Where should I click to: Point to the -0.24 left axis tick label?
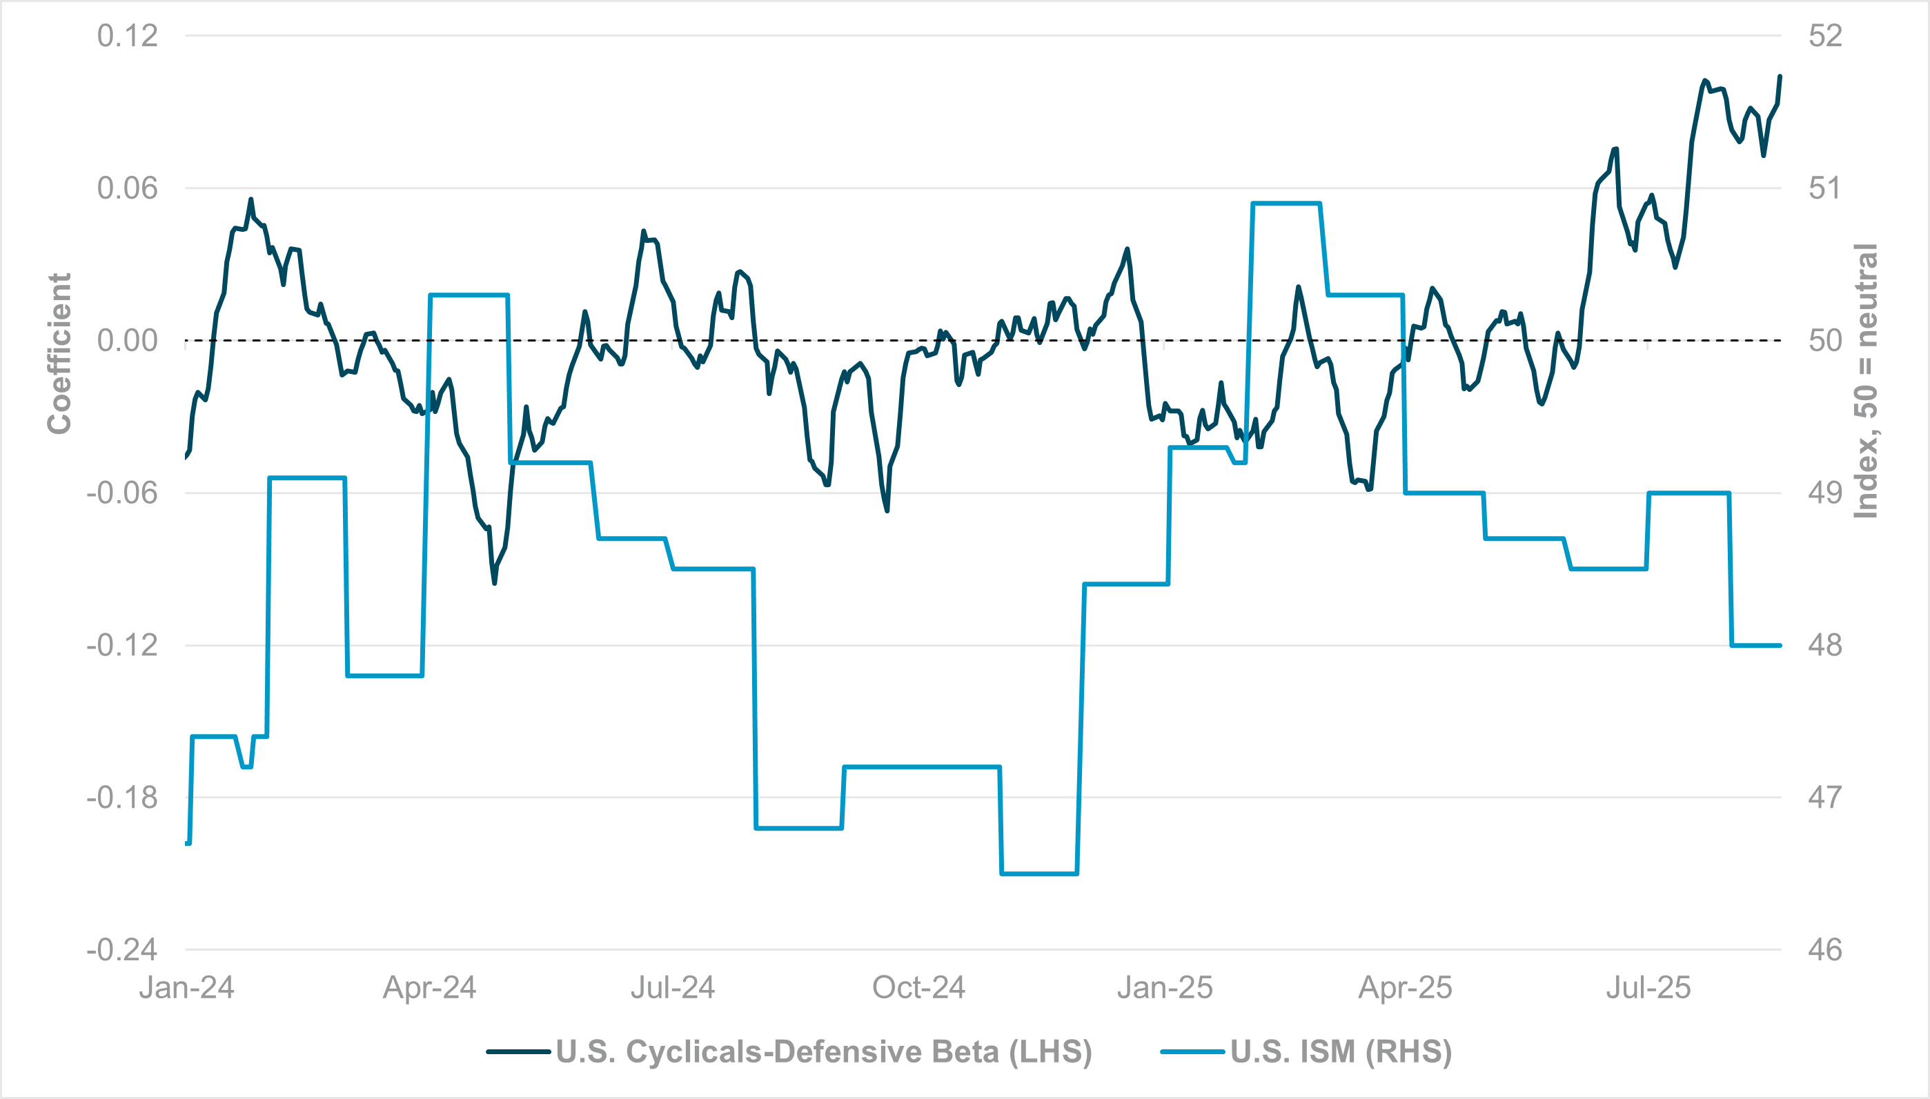(x=122, y=949)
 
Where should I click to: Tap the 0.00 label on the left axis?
(x=127, y=340)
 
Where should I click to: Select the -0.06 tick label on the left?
(x=122, y=493)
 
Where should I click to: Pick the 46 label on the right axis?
(x=1824, y=949)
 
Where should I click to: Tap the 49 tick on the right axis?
(x=1824, y=493)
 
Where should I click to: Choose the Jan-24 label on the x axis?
(x=186, y=988)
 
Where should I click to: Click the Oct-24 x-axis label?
(x=918, y=988)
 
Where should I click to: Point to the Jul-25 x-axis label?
(x=1648, y=988)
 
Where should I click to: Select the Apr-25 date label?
(x=1405, y=988)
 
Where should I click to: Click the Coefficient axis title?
(x=59, y=353)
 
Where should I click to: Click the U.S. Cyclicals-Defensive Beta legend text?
(x=823, y=1051)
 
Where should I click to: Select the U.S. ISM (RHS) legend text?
(x=1341, y=1051)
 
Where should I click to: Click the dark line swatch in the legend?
(x=518, y=1051)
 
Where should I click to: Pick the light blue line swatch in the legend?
(x=1192, y=1051)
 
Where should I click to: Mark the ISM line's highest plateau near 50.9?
(x=1286, y=203)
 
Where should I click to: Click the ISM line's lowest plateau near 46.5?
(x=1038, y=873)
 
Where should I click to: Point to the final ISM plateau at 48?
(x=1755, y=645)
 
